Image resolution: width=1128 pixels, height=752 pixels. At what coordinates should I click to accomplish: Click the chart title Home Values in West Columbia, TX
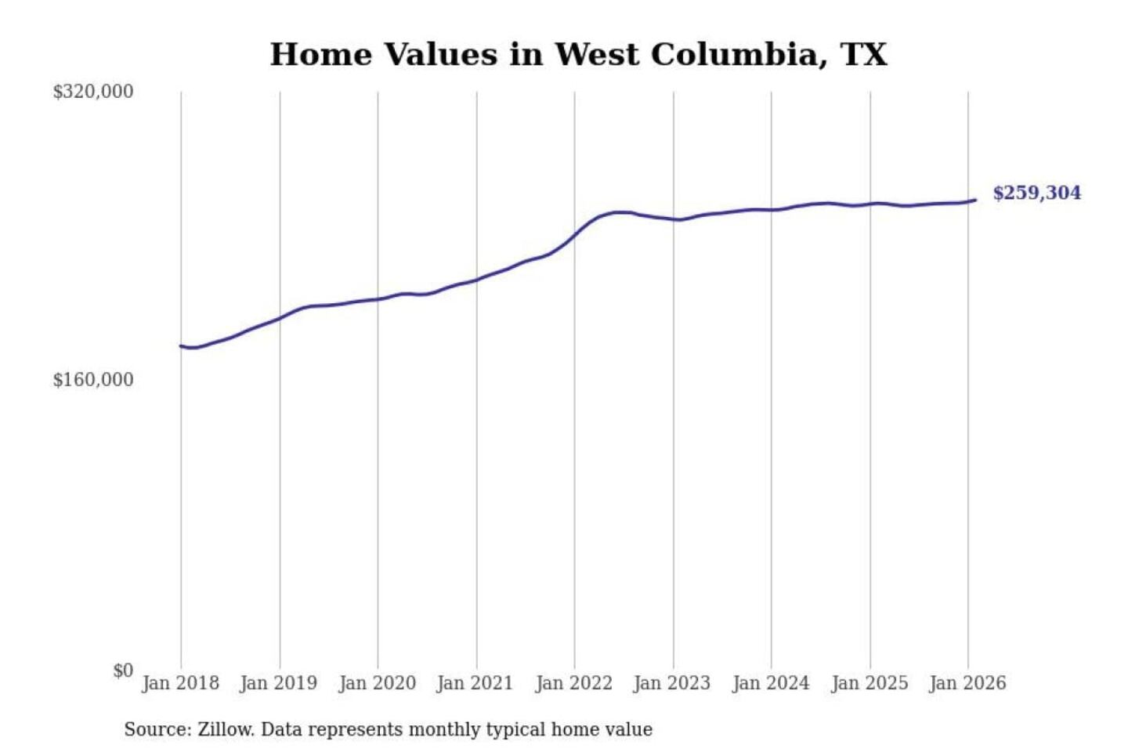click(x=578, y=55)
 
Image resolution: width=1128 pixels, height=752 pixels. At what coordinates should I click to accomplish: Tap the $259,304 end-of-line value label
click(x=1036, y=193)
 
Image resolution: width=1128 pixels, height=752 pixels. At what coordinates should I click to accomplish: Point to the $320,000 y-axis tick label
click(x=93, y=92)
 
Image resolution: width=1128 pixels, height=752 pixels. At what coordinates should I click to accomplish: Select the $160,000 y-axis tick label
click(x=93, y=380)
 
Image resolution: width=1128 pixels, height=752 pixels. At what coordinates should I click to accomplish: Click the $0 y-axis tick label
click(x=123, y=671)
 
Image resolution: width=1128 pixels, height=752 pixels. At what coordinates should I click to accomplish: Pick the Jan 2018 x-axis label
click(x=180, y=683)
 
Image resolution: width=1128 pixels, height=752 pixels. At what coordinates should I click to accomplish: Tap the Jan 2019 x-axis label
click(x=279, y=683)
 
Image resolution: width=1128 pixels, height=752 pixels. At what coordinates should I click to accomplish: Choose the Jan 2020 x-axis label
click(x=377, y=683)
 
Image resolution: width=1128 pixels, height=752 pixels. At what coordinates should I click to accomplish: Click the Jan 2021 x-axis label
click(x=475, y=683)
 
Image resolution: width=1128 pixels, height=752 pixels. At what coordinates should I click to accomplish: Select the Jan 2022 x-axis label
click(x=573, y=683)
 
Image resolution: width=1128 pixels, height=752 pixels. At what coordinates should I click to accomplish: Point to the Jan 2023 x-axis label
click(x=671, y=683)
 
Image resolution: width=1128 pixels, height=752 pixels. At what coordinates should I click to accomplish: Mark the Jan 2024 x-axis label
click(x=770, y=683)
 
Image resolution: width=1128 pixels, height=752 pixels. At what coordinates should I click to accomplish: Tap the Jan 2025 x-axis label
click(x=869, y=683)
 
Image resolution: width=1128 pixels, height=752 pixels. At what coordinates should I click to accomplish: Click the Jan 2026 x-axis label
click(x=967, y=683)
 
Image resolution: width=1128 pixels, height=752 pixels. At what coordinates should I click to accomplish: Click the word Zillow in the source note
click(x=225, y=729)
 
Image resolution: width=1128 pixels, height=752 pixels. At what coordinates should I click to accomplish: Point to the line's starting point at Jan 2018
click(x=181, y=345)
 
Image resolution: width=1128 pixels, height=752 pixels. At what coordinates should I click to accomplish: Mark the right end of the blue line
click(x=975, y=200)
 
